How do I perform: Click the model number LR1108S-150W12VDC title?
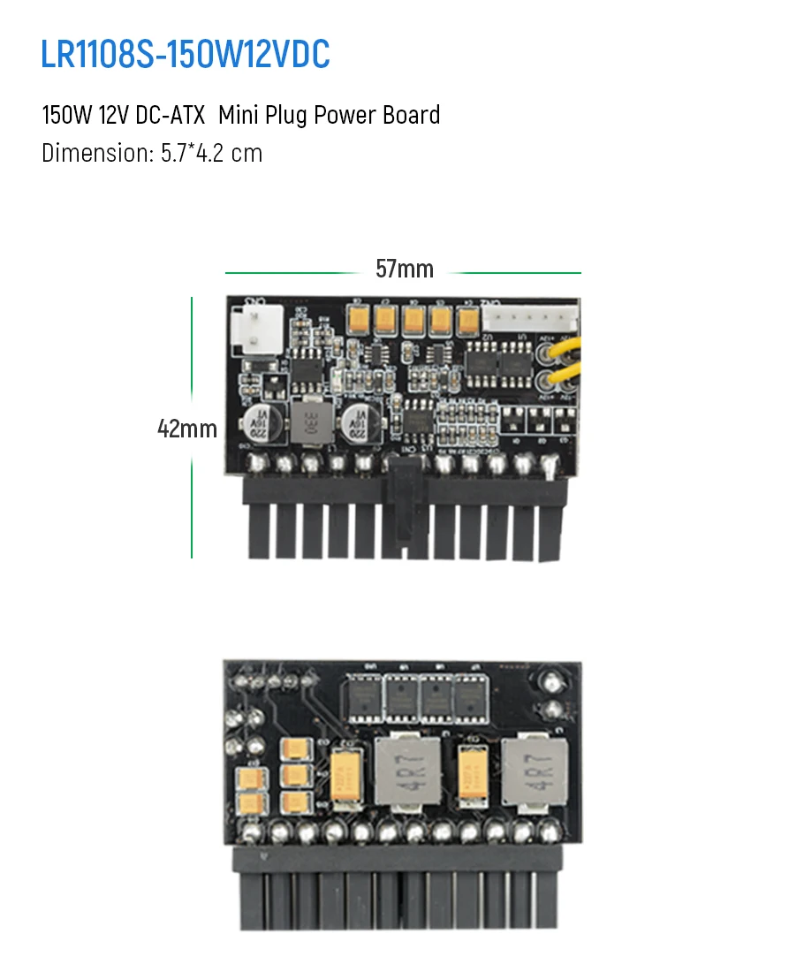pyautogui.click(x=186, y=55)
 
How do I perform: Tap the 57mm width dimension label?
pyautogui.click(x=405, y=270)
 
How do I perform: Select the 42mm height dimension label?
pyautogui.click(x=187, y=429)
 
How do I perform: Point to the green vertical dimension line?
pyautogui.click(x=192, y=495)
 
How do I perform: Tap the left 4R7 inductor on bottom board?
pyautogui.click(x=407, y=771)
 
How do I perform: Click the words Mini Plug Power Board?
pyautogui.click(x=330, y=116)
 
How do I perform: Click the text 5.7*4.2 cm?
pyautogui.click(x=211, y=153)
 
